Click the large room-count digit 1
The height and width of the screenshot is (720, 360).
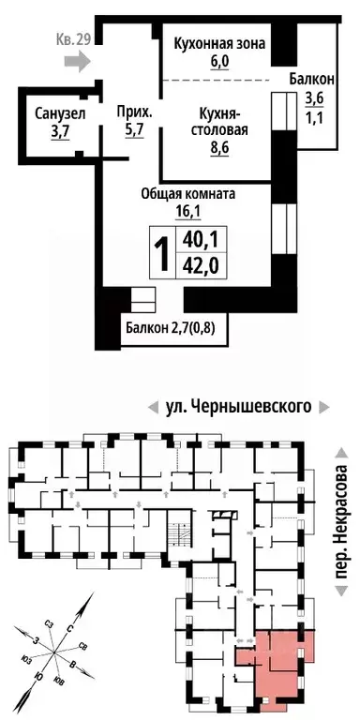pos(161,251)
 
